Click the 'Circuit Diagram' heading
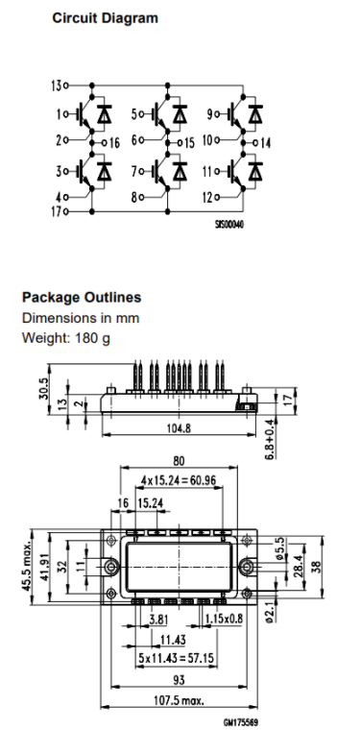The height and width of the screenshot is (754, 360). tap(105, 18)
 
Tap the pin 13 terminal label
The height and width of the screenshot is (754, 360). tap(56, 85)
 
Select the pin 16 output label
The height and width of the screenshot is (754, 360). tap(114, 143)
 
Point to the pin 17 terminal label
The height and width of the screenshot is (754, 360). tap(56, 211)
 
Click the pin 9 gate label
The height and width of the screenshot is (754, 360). tap(209, 114)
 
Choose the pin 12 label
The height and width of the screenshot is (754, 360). tap(207, 197)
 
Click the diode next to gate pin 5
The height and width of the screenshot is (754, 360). tap(180, 114)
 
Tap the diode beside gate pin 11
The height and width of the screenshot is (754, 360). tap(255, 171)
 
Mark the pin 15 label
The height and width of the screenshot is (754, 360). tap(189, 143)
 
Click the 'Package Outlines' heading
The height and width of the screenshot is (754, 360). tap(82, 297)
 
